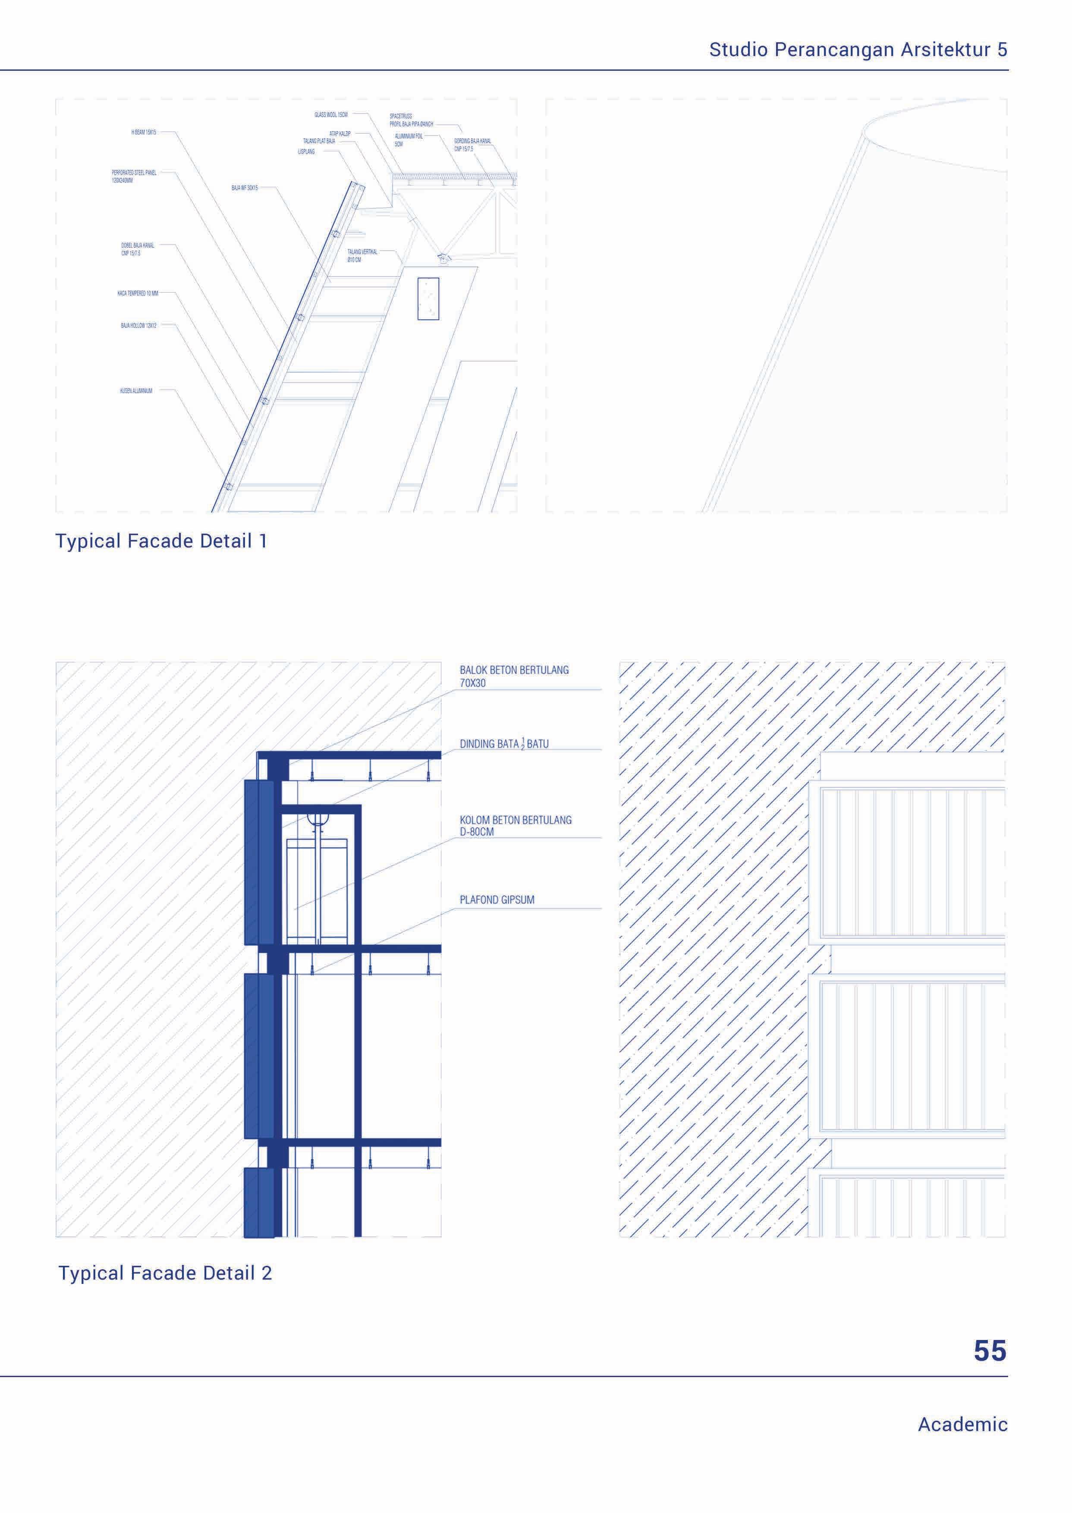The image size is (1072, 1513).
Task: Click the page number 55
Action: click(990, 1351)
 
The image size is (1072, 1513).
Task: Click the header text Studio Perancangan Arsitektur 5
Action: click(858, 50)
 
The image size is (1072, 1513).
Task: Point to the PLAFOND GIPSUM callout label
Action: click(497, 900)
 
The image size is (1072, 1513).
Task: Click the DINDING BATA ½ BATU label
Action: click(504, 744)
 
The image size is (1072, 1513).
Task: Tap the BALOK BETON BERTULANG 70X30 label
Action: click(513, 676)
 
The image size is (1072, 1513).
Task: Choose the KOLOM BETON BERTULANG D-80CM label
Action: click(516, 826)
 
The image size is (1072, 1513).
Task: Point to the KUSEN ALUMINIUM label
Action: click(136, 391)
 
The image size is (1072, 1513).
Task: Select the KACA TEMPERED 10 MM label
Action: click(138, 293)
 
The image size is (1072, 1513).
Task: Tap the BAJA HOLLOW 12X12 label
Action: click(138, 325)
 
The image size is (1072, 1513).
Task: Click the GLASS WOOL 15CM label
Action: click(331, 115)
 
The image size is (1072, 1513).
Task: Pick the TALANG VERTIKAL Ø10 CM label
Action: click(362, 255)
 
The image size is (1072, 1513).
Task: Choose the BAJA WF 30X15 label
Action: click(244, 188)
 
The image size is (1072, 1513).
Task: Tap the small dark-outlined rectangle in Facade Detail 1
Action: click(428, 299)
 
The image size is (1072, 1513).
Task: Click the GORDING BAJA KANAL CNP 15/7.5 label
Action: click(472, 145)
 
